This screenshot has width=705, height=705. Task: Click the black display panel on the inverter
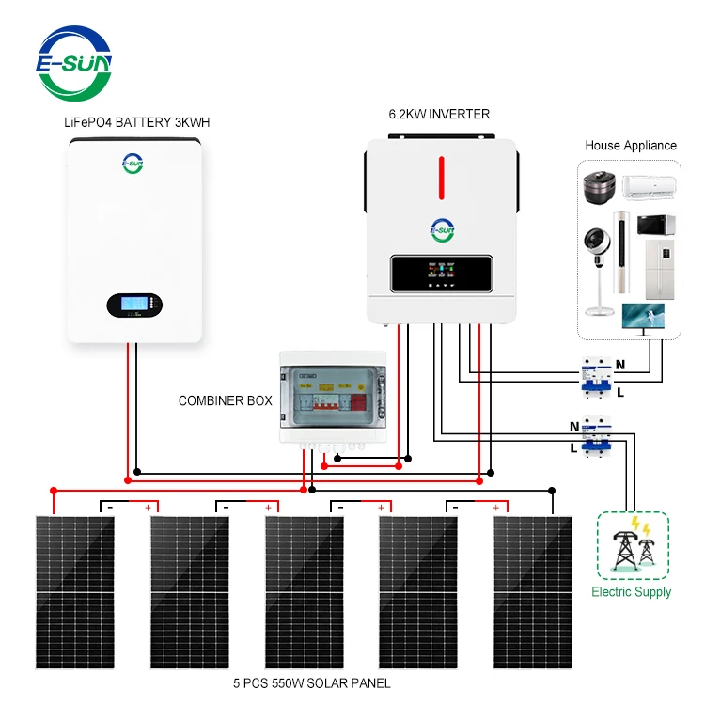pos(442,273)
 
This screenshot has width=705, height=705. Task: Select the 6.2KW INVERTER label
pos(439,115)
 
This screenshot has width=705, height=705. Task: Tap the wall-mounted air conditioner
pos(651,187)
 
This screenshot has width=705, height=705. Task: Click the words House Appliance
pos(630,146)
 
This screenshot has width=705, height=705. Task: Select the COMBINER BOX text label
pos(226,400)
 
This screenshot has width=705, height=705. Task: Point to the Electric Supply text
pos(632,592)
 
